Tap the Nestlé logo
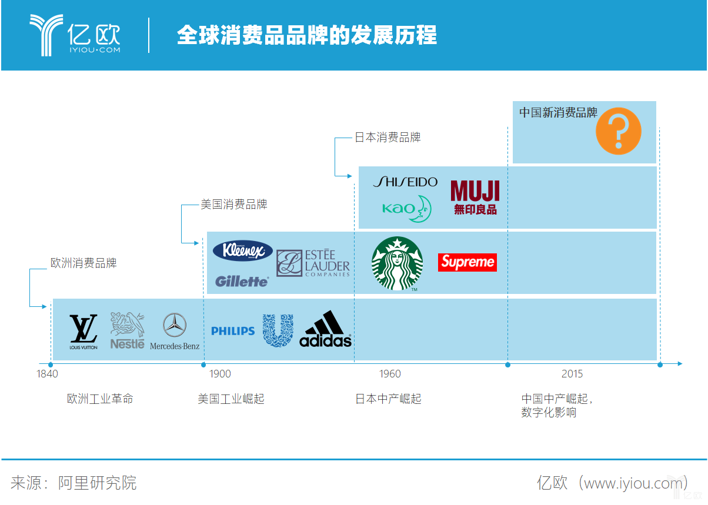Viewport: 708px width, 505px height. tap(127, 330)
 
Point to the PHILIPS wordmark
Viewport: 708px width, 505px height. tap(233, 331)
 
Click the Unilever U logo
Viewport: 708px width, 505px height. tap(278, 330)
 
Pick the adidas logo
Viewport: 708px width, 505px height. tap(325, 329)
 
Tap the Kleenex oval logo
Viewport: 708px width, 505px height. tap(242, 251)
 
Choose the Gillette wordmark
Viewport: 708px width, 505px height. tap(242, 281)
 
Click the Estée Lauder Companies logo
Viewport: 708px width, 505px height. tap(313, 263)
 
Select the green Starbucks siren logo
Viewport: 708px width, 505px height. tap(397, 263)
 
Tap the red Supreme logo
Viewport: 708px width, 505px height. tap(467, 262)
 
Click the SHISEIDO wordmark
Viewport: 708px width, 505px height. tap(405, 182)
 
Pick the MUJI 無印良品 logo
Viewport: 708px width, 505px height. tap(475, 198)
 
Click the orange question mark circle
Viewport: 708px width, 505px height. tap(618, 131)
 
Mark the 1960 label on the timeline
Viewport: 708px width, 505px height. tap(390, 374)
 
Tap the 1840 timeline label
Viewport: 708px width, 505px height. tap(47, 374)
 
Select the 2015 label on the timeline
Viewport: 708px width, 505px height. tap(572, 374)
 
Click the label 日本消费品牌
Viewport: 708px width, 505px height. tap(388, 138)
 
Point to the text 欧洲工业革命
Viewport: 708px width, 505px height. tap(100, 399)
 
